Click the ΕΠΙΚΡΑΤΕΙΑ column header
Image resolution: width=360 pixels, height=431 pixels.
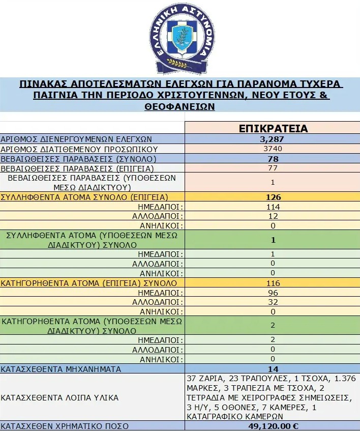click(273, 128)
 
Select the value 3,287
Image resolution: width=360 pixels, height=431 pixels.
click(273, 139)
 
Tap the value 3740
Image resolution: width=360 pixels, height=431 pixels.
click(273, 149)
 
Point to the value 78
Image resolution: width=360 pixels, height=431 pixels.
click(273, 159)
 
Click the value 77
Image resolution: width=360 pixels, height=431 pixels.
click(273, 168)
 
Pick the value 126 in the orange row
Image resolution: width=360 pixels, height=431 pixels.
click(273, 197)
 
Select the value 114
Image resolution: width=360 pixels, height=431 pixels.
click(273, 207)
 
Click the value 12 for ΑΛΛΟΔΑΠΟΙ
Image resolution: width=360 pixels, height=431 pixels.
click(273, 216)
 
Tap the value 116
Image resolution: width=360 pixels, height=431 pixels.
click(273, 283)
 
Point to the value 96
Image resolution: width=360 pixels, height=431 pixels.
click(273, 293)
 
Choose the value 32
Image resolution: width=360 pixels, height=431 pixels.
click(273, 302)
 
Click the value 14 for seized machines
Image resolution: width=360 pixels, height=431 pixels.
click(273, 369)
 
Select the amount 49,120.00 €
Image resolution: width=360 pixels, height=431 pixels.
click(273, 426)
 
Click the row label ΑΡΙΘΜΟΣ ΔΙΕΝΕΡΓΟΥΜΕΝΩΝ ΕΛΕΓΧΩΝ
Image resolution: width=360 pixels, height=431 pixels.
click(76, 139)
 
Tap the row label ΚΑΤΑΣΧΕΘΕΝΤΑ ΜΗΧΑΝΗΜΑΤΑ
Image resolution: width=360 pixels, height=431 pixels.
click(61, 369)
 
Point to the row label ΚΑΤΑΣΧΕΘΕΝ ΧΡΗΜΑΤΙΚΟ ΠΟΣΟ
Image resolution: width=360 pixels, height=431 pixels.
click(65, 426)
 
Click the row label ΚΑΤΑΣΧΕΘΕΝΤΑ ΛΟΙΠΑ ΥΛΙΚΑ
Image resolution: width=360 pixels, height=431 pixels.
click(59, 397)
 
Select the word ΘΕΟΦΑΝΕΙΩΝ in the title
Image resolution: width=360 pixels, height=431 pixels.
click(180, 107)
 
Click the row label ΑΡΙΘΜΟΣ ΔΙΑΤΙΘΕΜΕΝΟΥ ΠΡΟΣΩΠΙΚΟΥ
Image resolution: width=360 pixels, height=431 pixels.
click(79, 149)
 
